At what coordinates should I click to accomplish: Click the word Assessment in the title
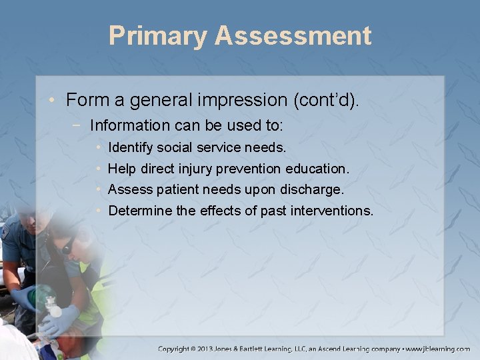(x=293, y=36)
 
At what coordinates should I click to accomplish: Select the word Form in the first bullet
(x=84, y=101)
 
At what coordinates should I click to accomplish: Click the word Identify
(x=131, y=147)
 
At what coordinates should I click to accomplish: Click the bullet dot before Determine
(x=98, y=211)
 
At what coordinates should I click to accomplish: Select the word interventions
(x=333, y=211)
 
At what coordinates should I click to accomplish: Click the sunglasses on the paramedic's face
(x=67, y=247)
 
